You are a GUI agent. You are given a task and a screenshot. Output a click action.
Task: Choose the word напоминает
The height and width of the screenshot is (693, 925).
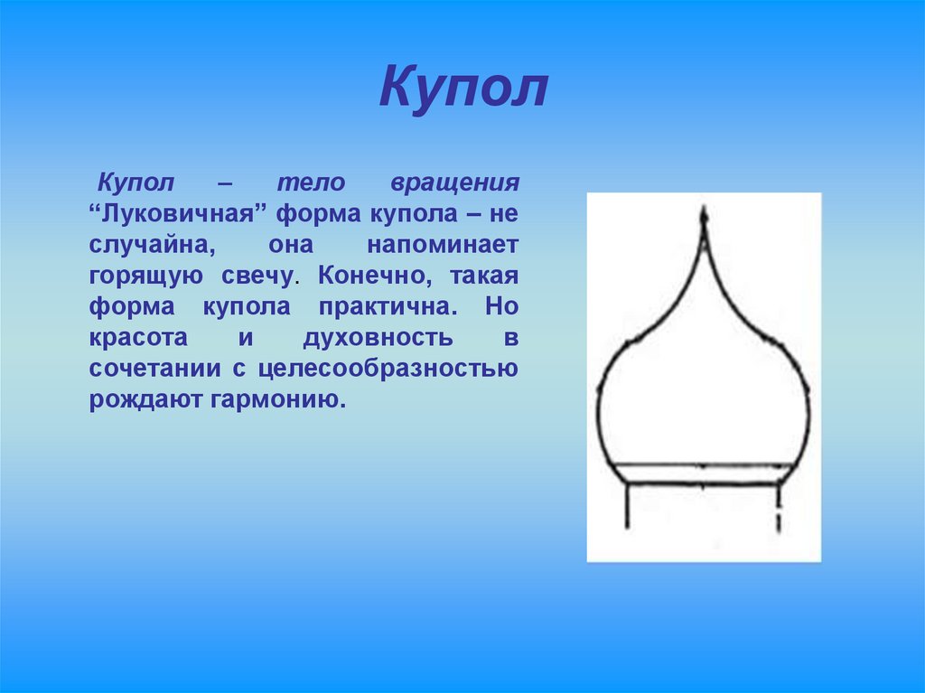(443, 245)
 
